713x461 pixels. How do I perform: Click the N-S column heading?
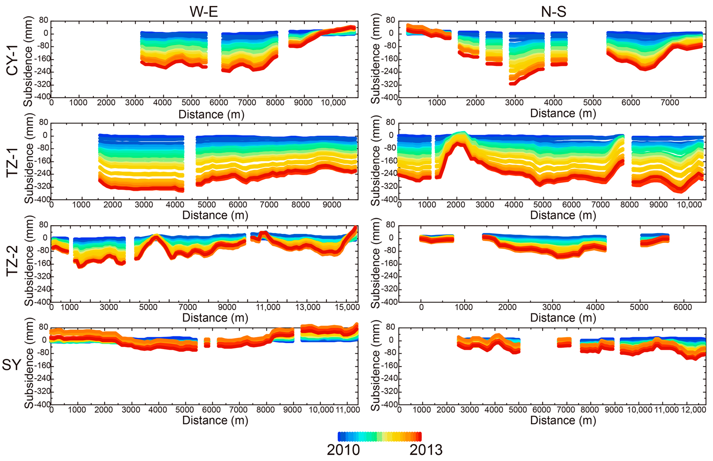tap(553, 11)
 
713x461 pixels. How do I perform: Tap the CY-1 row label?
tap(12, 60)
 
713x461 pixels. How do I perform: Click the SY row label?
tap(11, 365)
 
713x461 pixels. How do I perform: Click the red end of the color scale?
tap(420, 436)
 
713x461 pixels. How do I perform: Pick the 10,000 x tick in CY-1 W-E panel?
tap(333, 103)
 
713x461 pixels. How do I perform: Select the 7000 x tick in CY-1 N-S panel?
tap(670, 103)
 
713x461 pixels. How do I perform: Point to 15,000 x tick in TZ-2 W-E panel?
tap(347, 307)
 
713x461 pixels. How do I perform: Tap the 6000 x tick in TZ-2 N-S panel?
tap(683, 307)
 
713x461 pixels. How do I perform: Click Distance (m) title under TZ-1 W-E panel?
tap(215, 215)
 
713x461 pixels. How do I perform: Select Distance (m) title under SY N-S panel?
tap(563, 420)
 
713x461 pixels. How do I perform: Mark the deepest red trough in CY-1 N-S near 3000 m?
tap(512, 84)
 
